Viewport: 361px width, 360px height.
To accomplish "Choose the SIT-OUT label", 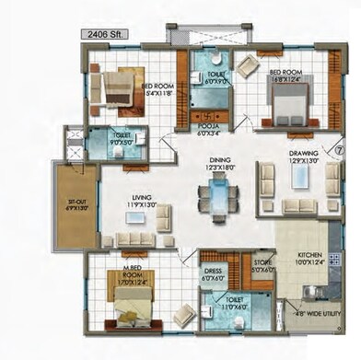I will (66, 205).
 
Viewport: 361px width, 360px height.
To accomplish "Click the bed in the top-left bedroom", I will (121, 87).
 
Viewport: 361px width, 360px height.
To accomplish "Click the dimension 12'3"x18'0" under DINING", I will (220, 167).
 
